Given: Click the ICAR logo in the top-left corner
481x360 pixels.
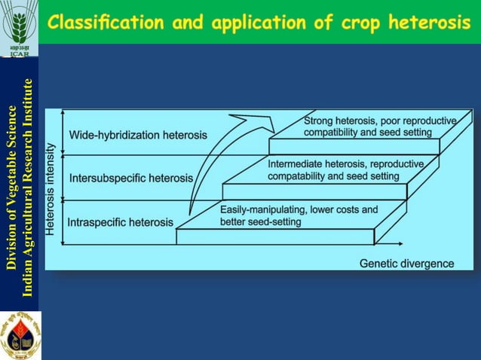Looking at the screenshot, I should (20, 28).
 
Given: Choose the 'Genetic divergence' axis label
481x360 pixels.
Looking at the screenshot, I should (406, 264).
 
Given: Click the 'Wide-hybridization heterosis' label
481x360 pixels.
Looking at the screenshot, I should (138, 135).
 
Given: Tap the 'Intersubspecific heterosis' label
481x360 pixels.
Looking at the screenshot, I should (131, 178).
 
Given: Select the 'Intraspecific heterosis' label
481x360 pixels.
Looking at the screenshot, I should (121, 222).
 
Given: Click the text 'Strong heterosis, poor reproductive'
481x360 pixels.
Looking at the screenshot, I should (380, 121).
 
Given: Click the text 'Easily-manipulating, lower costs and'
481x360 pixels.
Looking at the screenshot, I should (299, 209).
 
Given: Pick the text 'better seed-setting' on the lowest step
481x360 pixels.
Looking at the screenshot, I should (260, 221).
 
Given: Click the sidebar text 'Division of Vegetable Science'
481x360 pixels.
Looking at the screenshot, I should (11, 187).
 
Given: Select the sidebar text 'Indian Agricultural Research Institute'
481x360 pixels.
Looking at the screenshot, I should (28, 187).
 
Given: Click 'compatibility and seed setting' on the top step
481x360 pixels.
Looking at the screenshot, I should (368, 133).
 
